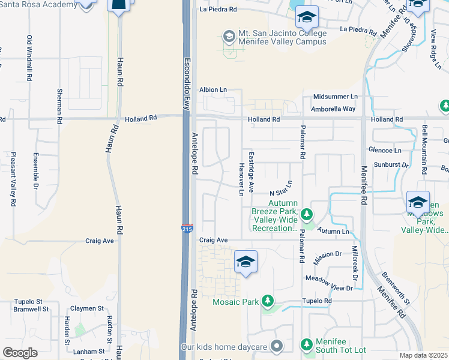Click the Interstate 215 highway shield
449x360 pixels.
point(187,228)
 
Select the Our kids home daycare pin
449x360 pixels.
point(276,346)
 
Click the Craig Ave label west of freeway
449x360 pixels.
point(100,241)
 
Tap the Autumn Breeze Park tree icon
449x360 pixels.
point(307,214)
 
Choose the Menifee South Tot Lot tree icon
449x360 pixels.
point(307,344)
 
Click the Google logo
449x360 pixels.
point(20,353)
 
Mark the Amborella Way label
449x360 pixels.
point(333,109)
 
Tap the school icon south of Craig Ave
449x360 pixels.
point(246,262)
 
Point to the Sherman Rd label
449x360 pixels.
point(59,106)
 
